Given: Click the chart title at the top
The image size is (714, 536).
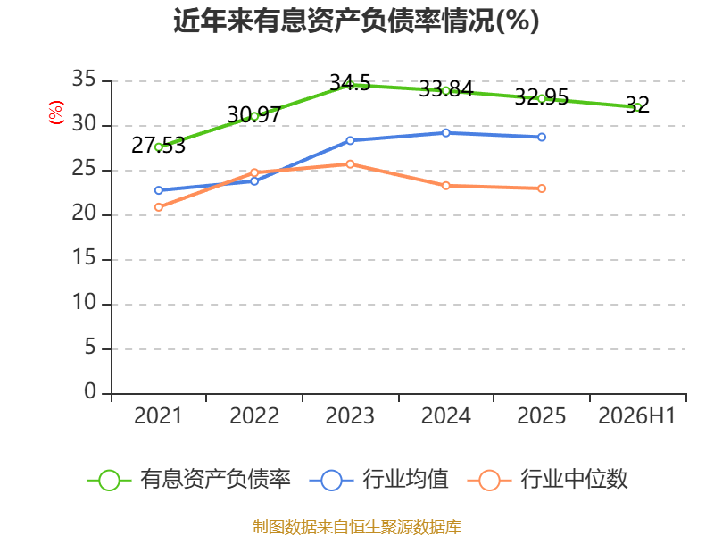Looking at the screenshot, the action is point(356,21).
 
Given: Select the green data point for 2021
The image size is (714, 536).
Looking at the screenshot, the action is point(159,147).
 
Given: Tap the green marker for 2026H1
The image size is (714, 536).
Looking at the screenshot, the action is point(637,106).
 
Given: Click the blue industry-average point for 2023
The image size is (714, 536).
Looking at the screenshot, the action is point(350,140).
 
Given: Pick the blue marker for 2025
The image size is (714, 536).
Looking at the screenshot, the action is point(542,137).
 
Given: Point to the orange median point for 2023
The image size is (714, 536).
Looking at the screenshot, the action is point(350,164).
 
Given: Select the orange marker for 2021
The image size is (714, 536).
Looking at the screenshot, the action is point(159,207).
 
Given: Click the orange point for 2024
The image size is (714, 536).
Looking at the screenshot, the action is point(445,186).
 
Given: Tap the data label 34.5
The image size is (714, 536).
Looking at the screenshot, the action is point(350,83).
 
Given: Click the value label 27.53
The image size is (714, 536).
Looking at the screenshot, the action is point(159,146).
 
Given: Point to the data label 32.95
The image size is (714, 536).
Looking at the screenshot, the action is point(542,96).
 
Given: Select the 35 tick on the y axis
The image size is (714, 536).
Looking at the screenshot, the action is point(84,80).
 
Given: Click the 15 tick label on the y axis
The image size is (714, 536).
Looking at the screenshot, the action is point(84,258).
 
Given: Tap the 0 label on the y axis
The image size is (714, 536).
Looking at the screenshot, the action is point(90,392).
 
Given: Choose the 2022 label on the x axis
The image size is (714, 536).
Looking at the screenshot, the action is point(254,416).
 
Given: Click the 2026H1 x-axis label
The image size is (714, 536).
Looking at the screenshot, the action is point(636,416).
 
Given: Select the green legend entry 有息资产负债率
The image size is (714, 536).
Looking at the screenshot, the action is point(188,480).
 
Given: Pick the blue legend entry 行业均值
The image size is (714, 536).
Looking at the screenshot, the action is point(378,480).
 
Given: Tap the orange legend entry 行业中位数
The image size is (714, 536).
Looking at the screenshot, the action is point(547,480).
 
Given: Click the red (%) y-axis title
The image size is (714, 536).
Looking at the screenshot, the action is point(56,113).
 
